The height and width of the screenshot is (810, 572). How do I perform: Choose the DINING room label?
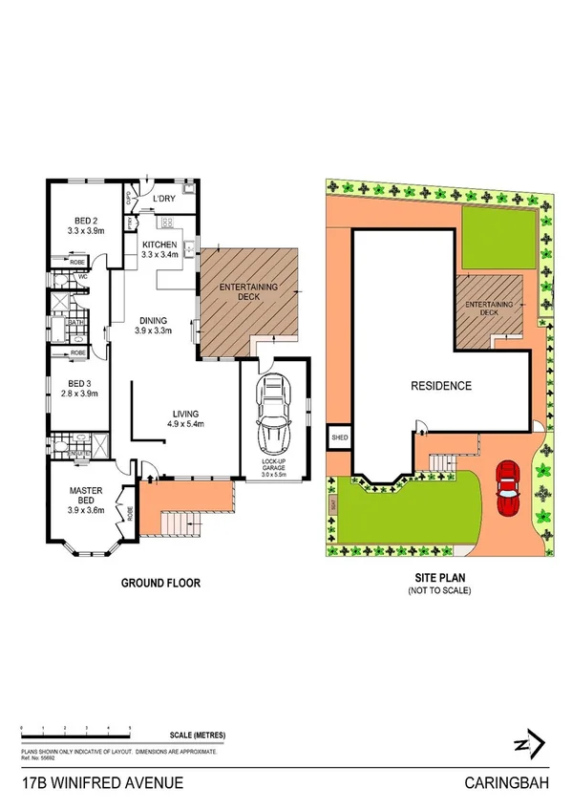point(153,320)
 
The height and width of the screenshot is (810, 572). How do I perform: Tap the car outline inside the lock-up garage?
point(274,413)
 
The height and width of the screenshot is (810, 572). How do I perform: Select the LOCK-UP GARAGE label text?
point(274,463)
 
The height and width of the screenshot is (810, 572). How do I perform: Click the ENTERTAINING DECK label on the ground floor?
point(248,292)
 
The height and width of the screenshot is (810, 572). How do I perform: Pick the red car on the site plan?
point(508,487)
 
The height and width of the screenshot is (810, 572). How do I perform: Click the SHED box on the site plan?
point(339,437)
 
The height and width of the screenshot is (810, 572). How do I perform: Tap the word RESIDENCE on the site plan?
point(441,386)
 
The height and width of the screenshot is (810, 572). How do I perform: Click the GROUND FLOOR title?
point(159,583)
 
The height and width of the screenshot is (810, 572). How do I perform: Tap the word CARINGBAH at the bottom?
point(509,782)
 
